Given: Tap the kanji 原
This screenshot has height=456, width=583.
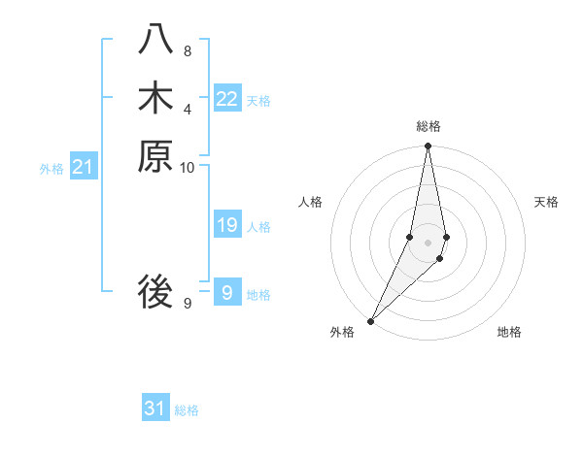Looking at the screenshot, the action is click(155, 156).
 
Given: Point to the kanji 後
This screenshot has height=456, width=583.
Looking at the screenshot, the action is click(155, 291).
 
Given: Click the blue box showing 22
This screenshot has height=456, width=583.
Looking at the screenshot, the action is click(226, 99).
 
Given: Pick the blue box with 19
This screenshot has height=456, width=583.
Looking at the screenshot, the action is click(226, 226).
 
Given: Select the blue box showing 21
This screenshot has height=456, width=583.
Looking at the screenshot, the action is click(83, 168).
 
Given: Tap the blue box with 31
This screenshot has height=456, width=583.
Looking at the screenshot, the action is click(155, 408).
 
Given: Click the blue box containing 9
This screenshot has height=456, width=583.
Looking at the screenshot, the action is click(226, 293).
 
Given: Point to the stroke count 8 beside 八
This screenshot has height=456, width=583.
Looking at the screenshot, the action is click(187, 50).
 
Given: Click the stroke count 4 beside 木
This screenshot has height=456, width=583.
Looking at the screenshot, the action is click(187, 109).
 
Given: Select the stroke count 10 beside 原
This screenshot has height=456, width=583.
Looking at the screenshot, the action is click(187, 167).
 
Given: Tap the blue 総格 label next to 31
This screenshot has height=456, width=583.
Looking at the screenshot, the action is click(187, 410).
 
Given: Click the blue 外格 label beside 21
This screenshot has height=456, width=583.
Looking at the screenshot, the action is click(51, 169).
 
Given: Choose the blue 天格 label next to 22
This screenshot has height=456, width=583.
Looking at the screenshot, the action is click(258, 100).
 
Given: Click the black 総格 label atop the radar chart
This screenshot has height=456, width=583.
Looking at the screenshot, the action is click(429, 126).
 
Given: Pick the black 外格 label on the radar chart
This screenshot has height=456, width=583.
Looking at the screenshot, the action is click(342, 332).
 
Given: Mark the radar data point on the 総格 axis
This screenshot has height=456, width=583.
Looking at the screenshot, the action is click(428, 147).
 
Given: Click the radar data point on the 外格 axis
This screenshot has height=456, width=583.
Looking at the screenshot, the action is click(371, 320).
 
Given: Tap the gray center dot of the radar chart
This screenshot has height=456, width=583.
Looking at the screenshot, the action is click(428, 242).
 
